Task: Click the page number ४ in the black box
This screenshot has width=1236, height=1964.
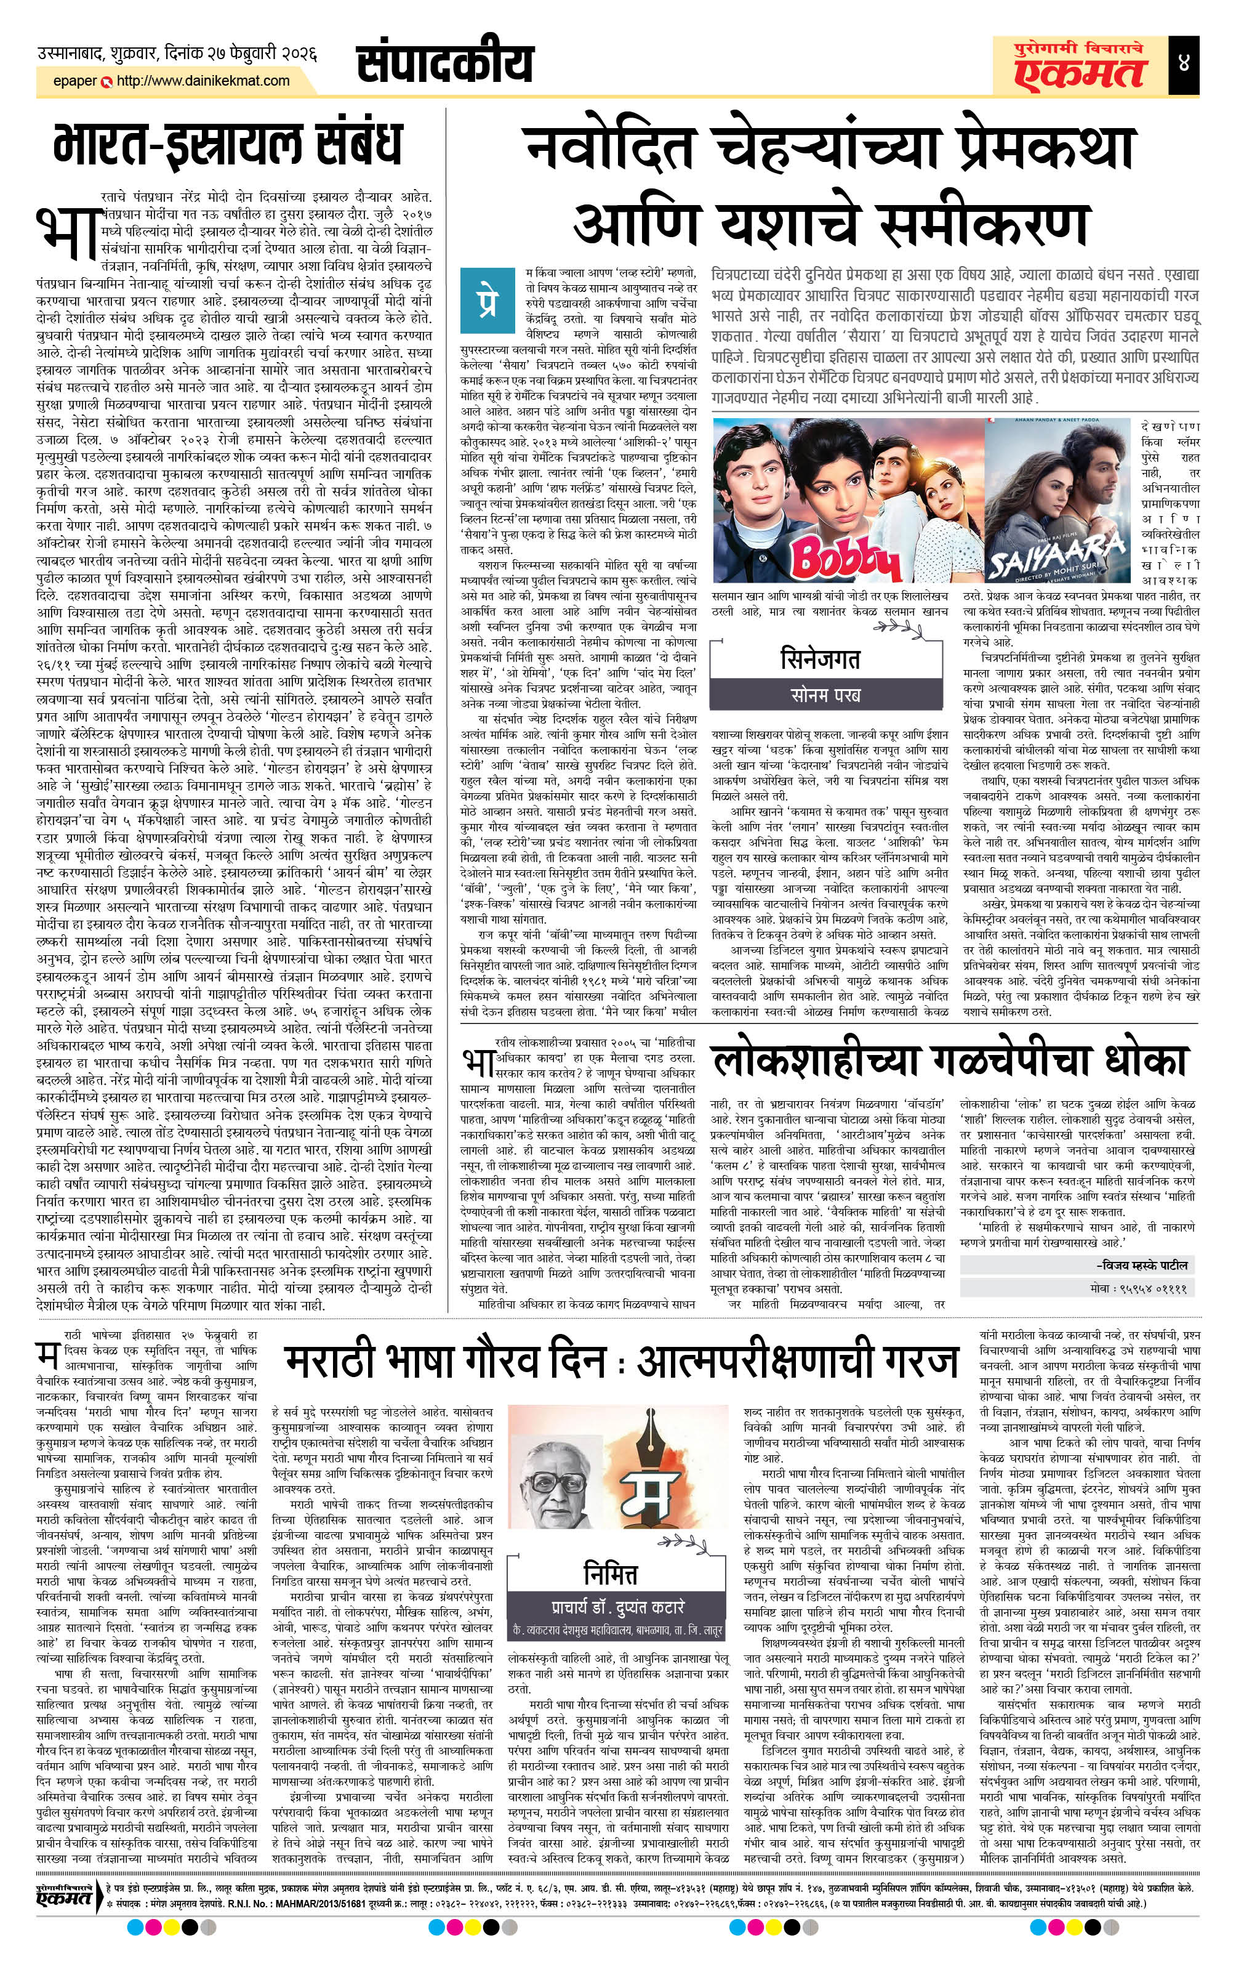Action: coord(1183,63)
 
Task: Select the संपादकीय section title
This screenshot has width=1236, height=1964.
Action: coord(445,65)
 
